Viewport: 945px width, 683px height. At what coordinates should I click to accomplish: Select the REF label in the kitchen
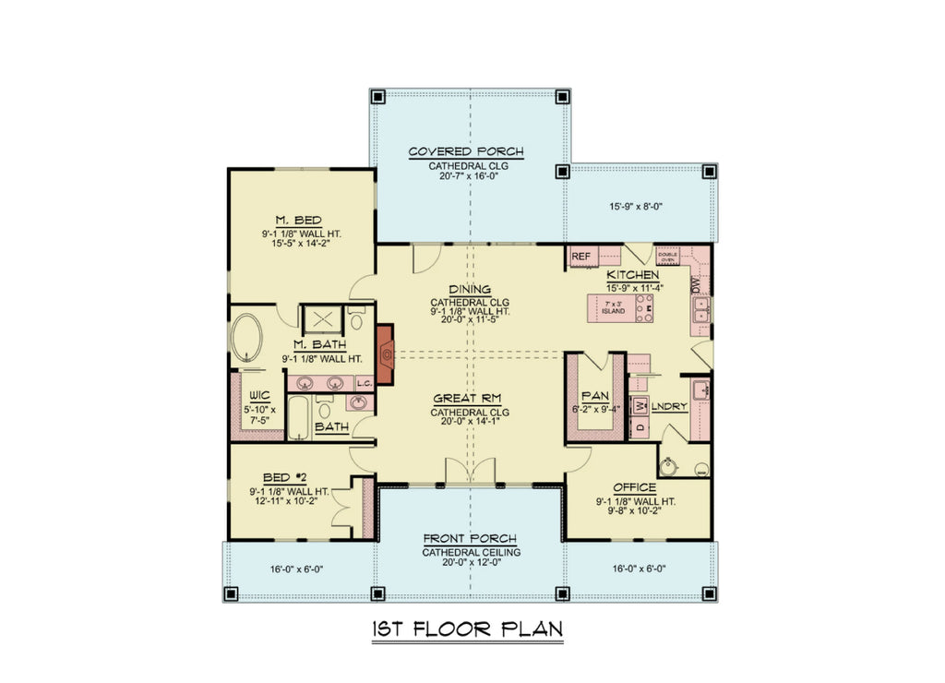click(x=580, y=257)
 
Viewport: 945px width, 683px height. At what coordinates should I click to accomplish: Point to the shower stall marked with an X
click(x=324, y=319)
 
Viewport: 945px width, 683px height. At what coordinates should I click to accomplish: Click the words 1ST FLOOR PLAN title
click(x=467, y=629)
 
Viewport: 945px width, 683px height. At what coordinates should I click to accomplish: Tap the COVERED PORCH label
click(x=466, y=152)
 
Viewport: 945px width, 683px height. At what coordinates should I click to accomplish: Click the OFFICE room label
click(x=634, y=487)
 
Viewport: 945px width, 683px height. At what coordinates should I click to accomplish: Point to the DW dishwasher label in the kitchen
click(x=696, y=288)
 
